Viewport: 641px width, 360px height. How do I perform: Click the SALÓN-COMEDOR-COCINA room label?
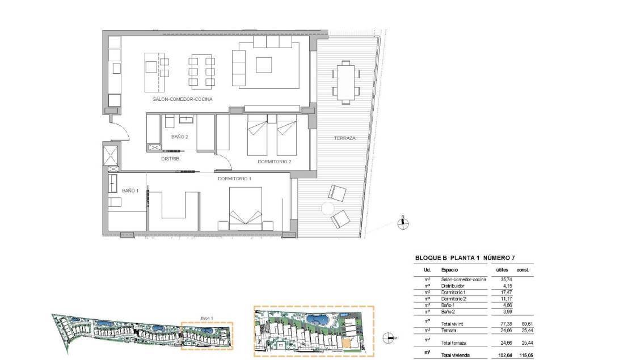point(182,99)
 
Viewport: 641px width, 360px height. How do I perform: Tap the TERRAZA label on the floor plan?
point(345,138)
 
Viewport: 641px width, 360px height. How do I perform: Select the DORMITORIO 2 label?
point(275,162)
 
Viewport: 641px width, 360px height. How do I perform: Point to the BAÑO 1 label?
point(130,191)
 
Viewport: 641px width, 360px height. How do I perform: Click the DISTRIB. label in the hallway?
point(171,159)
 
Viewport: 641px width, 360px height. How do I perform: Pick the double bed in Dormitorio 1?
point(245,206)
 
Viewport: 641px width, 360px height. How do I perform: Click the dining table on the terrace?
point(346,83)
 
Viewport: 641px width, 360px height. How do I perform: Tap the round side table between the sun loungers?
point(327,209)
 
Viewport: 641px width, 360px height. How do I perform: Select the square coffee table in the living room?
point(264,65)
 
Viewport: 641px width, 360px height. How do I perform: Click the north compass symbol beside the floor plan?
point(403,223)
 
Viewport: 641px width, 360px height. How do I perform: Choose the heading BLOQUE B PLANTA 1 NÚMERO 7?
point(465,258)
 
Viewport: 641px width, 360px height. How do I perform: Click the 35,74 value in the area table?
point(506,279)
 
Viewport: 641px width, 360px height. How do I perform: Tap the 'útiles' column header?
point(502,270)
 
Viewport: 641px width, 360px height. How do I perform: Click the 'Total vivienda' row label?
point(456,355)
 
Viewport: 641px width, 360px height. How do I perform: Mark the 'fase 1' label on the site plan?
point(207,318)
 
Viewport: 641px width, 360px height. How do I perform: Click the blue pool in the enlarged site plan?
point(317,319)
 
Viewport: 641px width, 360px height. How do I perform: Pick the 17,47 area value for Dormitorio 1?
point(507,293)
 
